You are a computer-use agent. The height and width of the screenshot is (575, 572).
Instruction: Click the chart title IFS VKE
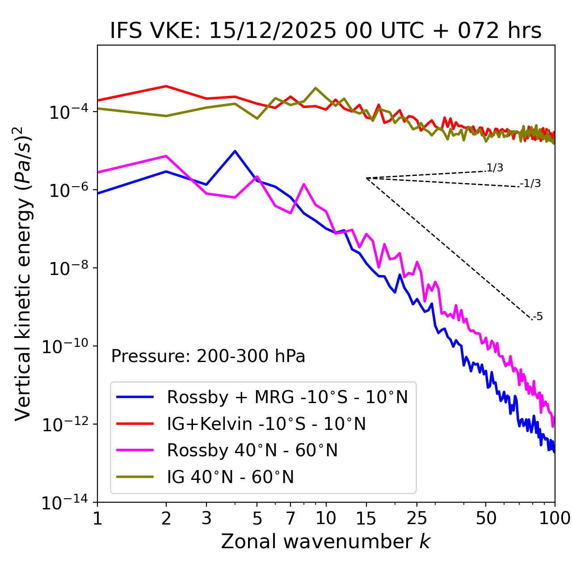(x=326, y=31)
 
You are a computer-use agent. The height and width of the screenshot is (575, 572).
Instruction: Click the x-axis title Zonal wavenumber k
(x=325, y=542)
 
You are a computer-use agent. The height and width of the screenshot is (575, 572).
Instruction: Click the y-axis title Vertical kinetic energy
(x=24, y=273)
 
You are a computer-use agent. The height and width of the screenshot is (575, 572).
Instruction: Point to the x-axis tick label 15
(x=366, y=518)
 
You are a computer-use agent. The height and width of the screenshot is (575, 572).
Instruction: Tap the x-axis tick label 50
(x=486, y=518)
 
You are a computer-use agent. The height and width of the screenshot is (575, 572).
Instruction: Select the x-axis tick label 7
(x=290, y=518)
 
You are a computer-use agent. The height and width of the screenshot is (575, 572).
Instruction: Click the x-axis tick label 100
(x=555, y=518)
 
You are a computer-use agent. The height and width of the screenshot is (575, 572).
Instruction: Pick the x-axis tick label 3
(x=206, y=518)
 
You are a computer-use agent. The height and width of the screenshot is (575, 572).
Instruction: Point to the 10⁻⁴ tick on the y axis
(x=67, y=112)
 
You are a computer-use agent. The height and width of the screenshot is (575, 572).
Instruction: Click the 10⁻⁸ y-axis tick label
(x=67, y=269)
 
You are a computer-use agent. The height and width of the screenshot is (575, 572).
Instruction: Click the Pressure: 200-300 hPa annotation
(x=208, y=356)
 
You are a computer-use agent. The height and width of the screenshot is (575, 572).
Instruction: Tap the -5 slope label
(x=538, y=317)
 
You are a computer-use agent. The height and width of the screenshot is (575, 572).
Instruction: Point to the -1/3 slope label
(x=531, y=183)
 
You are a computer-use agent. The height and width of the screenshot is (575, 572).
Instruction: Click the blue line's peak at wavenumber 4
(x=235, y=151)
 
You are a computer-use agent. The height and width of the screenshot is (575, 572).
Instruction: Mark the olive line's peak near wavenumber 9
(x=315, y=88)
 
